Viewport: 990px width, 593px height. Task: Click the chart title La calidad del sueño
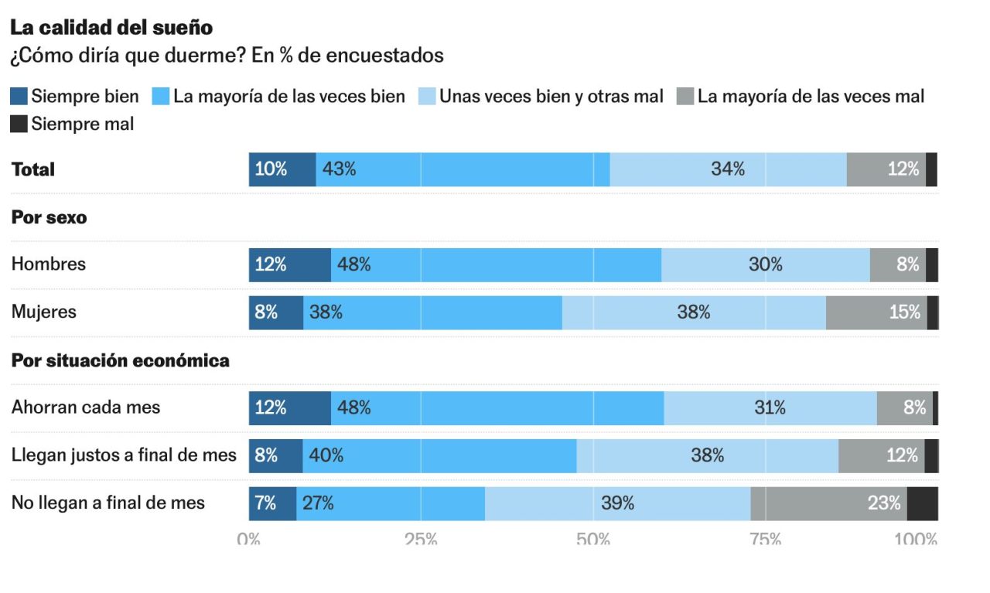coord(111,27)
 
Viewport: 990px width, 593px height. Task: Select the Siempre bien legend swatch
coord(19,97)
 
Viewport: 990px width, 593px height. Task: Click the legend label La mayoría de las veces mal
coord(811,97)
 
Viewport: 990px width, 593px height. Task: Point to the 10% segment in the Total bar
coord(282,169)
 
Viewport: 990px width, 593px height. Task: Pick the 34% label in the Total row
coord(728,169)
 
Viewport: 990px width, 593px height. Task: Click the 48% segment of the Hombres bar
coord(497,265)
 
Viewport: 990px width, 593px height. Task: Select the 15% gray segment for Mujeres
coord(876,312)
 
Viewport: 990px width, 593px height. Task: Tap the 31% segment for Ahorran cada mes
coord(770,408)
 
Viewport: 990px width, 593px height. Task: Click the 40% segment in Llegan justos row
coord(439,456)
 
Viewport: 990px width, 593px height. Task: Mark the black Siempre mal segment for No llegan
coord(922,503)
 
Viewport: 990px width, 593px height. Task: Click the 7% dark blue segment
coord(272,503)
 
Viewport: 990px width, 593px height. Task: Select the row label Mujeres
coord(44,312)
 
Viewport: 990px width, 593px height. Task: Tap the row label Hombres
coord(49,264)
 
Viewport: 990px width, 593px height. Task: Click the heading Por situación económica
coord(120,360)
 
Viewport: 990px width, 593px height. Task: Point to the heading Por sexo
coord(49,217)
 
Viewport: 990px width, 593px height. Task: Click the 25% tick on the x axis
coord(421,539)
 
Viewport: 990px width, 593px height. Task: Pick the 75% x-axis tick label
coord(765,539)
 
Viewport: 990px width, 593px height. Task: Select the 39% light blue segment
coord(617,503)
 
